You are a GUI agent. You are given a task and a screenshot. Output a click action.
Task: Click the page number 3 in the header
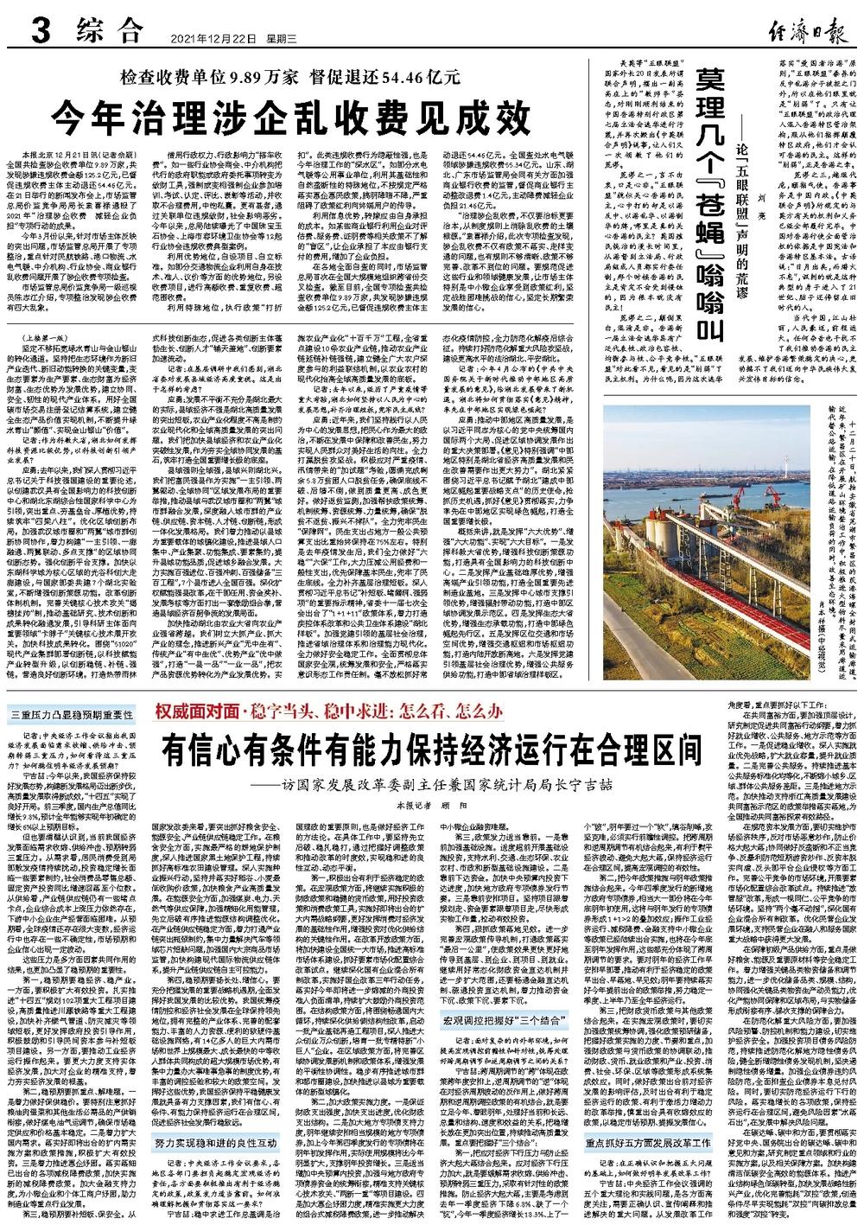pos(38,35)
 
